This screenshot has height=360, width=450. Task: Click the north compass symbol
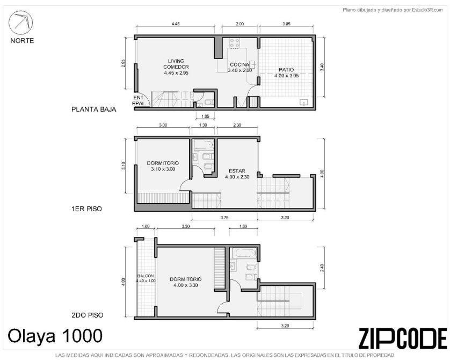[20, 23]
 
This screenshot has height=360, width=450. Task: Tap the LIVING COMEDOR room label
[176, 64]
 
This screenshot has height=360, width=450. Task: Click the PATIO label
[286, 70]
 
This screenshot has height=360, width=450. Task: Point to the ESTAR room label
[237, 171]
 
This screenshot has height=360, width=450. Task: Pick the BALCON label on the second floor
[146, 276]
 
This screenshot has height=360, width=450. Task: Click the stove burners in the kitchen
[235, 43]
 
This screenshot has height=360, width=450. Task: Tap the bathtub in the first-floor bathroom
[204, 145]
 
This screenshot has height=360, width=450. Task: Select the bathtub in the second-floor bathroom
[245, 254]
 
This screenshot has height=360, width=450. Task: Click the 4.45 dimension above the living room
[176, 24]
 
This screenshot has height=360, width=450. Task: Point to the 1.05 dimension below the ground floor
[205, 116]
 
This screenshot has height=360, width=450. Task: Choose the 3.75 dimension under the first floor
[224, 218]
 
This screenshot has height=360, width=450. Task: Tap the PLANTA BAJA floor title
[94, 110]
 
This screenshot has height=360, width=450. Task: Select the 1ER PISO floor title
[86, 208]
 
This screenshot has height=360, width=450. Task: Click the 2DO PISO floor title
[87, 315]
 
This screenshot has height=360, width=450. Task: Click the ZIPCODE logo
[403, 338]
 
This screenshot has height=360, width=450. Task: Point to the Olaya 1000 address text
[55, 335]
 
